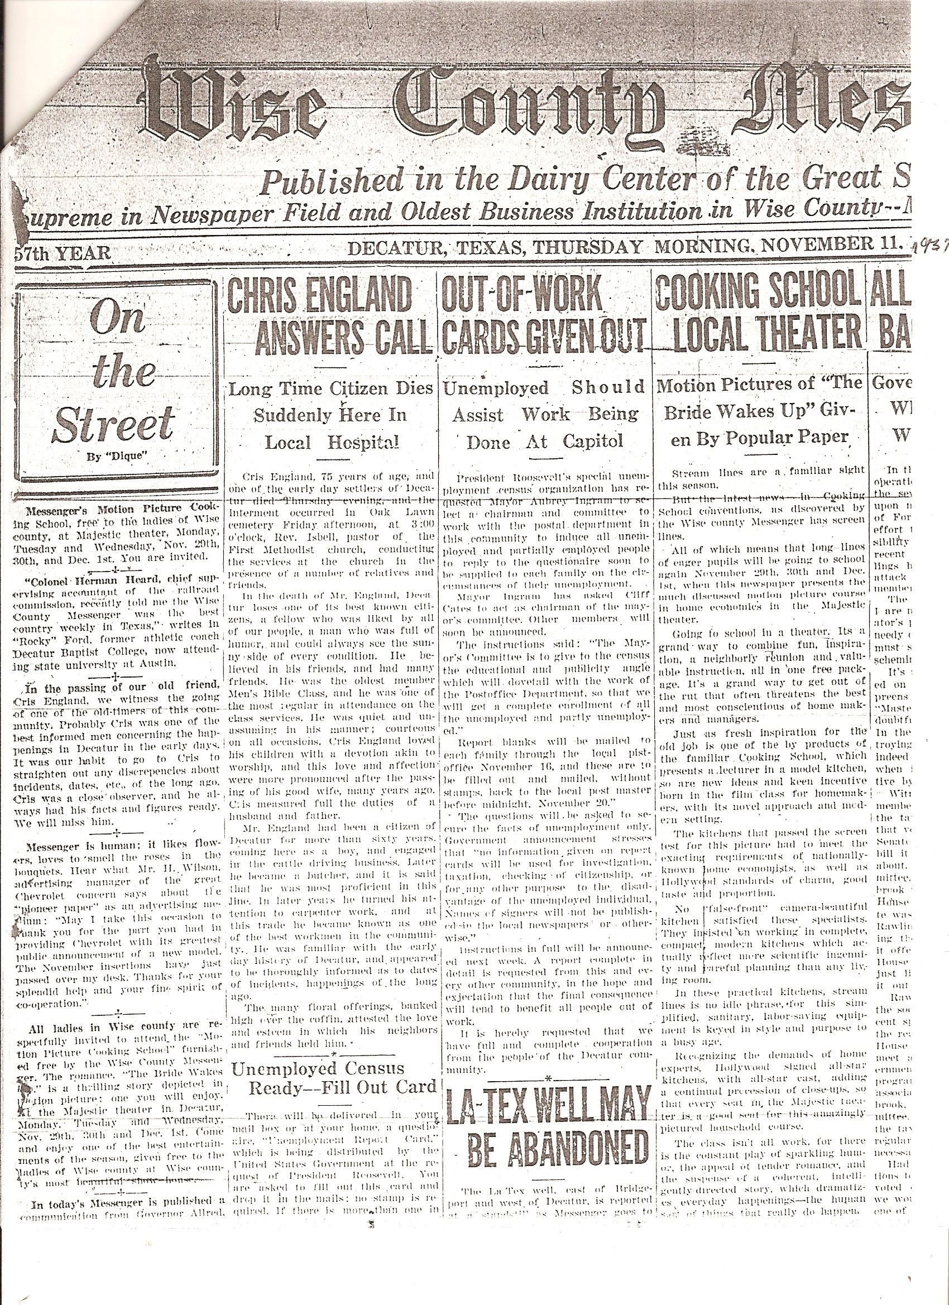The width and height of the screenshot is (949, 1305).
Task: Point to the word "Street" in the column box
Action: (x=113, y=424)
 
